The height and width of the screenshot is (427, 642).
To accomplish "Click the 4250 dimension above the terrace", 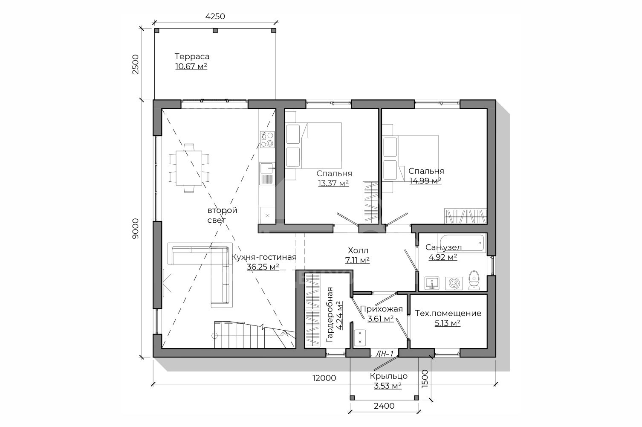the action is click(215, 16).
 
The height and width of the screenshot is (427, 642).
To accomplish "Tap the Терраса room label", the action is click(192, 56).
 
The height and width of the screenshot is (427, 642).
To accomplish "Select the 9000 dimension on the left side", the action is click(135, 229).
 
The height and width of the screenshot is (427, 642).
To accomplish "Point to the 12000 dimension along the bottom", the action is click(324, 378).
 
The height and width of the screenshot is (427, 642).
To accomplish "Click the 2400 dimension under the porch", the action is click(384, 406).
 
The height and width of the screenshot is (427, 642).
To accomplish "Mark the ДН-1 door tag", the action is click(385, 354).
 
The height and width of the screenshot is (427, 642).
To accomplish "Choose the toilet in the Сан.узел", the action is click(474, 280).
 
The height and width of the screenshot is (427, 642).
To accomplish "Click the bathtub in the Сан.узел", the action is click(461, 244).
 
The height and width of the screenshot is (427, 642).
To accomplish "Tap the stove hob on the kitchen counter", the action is click(267, 139).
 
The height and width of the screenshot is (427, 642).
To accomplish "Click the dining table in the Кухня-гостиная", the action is click(189, 168).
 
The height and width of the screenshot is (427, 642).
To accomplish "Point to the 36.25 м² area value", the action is click(263, 267).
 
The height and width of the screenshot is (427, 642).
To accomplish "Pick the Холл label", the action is click(358, 250).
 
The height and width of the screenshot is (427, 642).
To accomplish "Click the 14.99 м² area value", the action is click(425, 181).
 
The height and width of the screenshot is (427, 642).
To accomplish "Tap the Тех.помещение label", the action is click(448, 313).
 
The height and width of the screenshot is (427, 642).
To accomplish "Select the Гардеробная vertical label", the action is click(330, 315).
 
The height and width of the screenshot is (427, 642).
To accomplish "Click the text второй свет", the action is click(223, 215).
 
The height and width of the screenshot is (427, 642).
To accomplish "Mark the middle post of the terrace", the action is click(215, 31).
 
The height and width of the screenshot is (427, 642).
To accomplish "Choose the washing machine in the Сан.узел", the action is click(454, 283).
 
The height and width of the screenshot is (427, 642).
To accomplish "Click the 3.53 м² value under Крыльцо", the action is click(388, 386).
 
